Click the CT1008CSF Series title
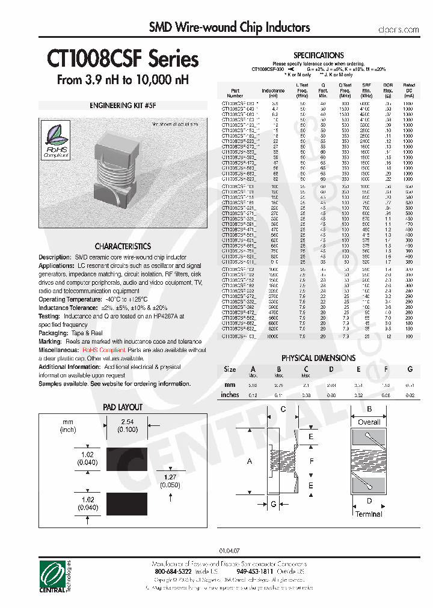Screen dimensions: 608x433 123,59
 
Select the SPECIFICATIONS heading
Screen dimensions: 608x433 318,55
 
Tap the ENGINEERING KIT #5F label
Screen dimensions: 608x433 123,105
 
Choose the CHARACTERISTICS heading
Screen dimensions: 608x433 123,246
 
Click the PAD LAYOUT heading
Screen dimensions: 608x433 123,407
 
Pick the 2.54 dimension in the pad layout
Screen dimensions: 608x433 127,422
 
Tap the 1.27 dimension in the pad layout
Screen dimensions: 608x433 171,477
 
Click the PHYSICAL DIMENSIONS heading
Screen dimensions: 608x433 318,357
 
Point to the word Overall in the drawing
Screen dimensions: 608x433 369,422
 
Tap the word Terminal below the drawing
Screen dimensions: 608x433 368,514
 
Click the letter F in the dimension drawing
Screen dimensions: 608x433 311,461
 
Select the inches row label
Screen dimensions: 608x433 230,395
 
